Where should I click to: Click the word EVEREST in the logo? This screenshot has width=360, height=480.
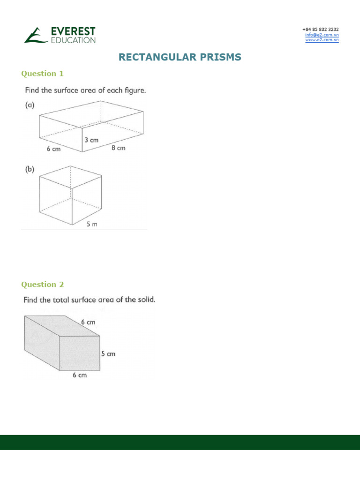point(73,31)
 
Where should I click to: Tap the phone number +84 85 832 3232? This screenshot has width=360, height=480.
point(321,30)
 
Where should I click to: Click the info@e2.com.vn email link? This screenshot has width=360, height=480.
point(322,35)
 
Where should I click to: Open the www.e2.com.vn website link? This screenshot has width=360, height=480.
point(322,40)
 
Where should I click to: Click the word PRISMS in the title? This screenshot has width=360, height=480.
point(219,57)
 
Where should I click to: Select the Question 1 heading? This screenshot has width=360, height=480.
point(42,74)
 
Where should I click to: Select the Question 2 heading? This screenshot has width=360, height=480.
point(42,285)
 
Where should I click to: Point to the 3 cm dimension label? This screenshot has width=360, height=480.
point(92,140)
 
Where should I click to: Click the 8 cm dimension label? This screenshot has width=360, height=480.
point(118,148)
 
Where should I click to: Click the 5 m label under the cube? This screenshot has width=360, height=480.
point(92,225)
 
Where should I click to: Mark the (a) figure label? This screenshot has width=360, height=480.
point(30,105)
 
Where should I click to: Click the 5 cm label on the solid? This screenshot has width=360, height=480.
point(108,354)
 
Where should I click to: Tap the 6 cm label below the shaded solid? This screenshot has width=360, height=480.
point(80,375)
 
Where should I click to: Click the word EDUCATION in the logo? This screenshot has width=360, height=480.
point(73,40)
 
